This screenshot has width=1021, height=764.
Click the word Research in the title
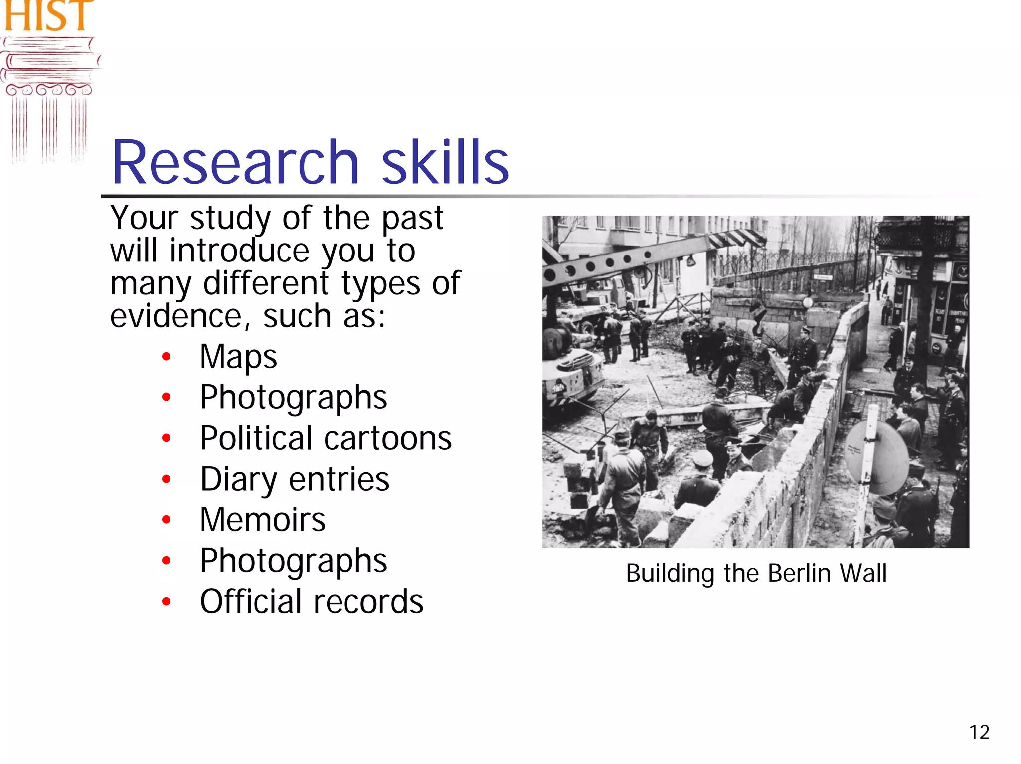click(235, 162)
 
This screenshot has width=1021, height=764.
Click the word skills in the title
click(445, 162)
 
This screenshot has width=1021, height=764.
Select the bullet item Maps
click(238, 357)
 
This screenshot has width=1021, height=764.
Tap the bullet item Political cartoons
click(326, 438)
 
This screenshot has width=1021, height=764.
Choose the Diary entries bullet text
click(295, 479)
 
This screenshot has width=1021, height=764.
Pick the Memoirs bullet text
click(263, 520)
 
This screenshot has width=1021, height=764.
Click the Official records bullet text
click(312, 602)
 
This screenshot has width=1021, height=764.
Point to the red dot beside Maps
click(167, 357)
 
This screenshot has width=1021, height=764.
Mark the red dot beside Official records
click(167, 602)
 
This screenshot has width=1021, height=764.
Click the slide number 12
click(979, 732)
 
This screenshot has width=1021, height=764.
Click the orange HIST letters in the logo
click(48, 15)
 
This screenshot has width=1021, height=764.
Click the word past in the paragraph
click(412, 218)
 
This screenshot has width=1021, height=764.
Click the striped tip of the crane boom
click(738, 237)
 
